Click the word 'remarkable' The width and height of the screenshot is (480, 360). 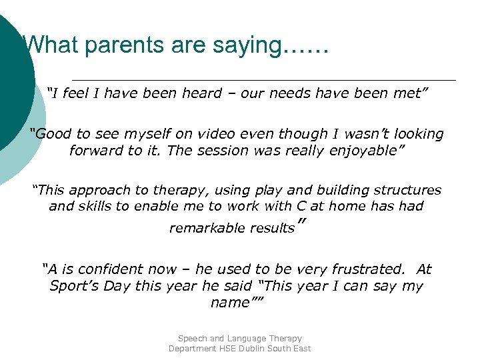(x=207, y=229)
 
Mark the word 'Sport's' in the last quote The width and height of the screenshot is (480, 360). (x=73, y=286)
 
